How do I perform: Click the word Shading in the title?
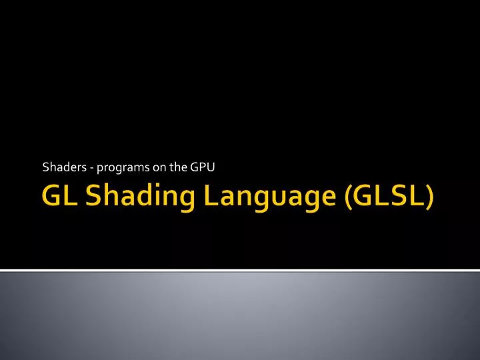[129, 199]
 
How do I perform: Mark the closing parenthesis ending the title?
[431, 199]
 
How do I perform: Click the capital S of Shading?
[91, 197]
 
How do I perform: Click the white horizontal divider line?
[240, 271]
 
